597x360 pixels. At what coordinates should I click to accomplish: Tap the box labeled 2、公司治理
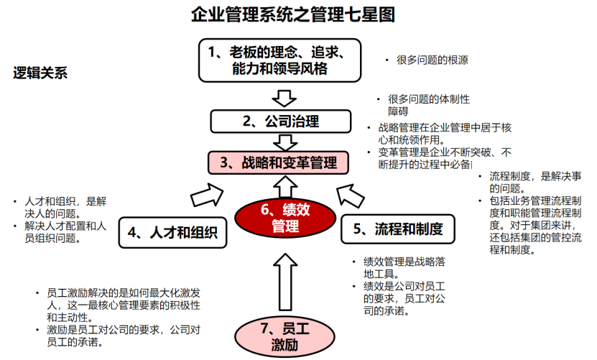tap(280, 121)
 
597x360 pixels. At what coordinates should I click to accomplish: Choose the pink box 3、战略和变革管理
tap(279, 162)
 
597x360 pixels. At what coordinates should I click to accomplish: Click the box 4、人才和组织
tap(172, 231)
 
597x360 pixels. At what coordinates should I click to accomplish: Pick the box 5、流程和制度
tap(397, 229)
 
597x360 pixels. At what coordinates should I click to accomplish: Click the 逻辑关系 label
tap(40, 73)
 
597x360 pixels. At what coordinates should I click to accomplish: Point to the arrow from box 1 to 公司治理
tap(286, 96)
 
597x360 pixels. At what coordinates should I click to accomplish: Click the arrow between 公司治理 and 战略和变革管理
tap(286, 141)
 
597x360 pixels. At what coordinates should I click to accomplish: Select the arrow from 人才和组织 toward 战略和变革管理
tap(206, 193)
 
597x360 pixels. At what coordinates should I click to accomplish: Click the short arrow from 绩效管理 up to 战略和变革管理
tap(286, 186)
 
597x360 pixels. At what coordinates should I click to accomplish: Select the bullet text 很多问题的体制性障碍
tap(428, 105)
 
